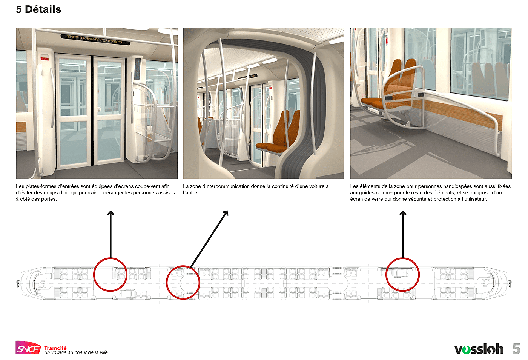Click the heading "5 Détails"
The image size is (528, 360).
38,9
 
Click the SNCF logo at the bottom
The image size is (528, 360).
28,348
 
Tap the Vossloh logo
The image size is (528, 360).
479,349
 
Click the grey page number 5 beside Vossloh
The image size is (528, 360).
516,349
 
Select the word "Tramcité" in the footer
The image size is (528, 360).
55,348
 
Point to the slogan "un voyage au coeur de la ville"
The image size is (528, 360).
76,353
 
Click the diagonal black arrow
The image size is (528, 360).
209,239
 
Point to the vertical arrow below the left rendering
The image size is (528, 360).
111,234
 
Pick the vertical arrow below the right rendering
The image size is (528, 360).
403,234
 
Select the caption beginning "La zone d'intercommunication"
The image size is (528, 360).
256,189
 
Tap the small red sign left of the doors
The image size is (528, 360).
45,58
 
